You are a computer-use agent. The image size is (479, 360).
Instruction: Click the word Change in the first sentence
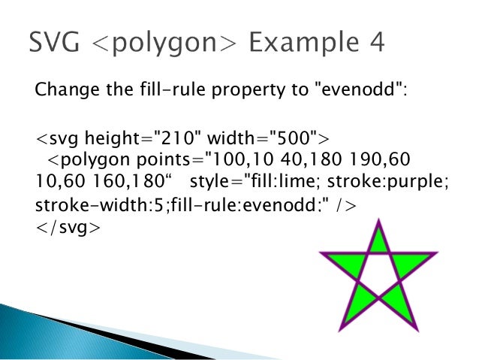click(62, 92)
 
